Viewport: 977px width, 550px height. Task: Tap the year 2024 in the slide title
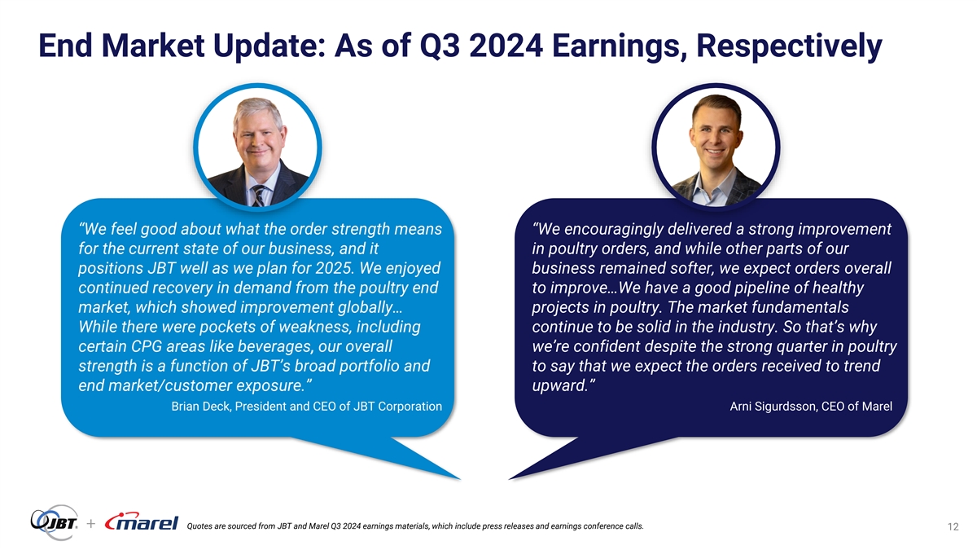tap(506, 46)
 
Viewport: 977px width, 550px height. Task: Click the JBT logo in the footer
tap(54, 521)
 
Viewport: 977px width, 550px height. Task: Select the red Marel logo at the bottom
tap(142, 521)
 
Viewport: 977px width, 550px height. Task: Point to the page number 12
tap(953, 527)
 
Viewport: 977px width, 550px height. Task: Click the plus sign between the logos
tap(90, 523)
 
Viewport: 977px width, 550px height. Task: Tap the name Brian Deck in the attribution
tap(200, 407)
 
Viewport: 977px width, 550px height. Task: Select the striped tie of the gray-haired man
tap(258, 196)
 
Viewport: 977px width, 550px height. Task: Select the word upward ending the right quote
tap(558, 386)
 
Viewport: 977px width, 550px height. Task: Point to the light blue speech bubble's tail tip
tap(460, 479)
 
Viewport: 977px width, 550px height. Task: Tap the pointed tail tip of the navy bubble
tap(510, 479)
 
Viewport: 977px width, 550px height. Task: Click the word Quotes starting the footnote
tap(199, 526)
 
